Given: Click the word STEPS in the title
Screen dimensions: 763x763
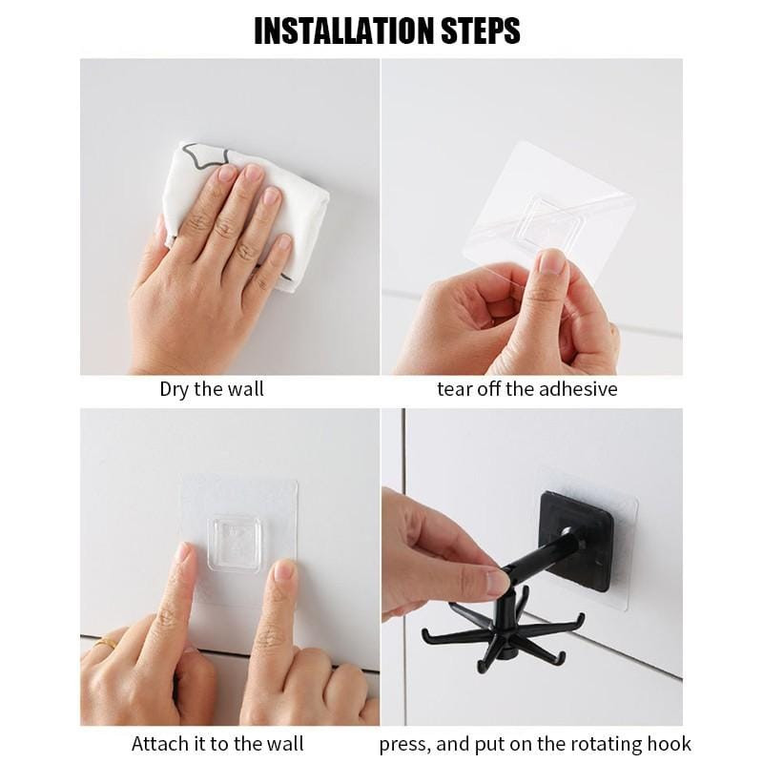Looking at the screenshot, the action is tap(481, 31).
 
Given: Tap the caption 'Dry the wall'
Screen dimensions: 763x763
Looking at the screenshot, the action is tap(212, 389).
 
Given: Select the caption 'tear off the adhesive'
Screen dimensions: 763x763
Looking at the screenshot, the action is tap(527, 389).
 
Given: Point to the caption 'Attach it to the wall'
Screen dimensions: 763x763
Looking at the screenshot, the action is tap(217, 744).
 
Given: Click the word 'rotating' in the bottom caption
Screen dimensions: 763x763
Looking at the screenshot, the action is tap(606, 745).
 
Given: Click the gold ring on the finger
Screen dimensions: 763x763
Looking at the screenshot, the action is tap(106, 643).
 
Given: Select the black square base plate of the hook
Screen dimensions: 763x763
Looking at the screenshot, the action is tap(577, 540).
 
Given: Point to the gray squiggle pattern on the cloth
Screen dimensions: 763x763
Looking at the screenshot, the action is tap(204, 155).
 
